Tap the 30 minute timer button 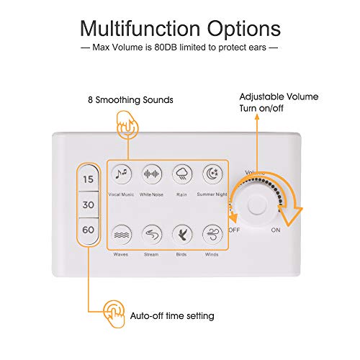(89, 204)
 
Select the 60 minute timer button (89, 230)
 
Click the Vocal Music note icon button (122, 174)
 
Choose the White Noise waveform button (152, 174)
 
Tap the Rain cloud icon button (182, 174)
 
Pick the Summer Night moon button (212, 174)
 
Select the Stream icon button (152, 235)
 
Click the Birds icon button (182, 235)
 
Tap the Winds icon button (212, 235)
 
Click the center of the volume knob (257, 204)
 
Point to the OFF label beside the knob (234, 230)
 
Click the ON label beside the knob (276, 230)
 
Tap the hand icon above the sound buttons (127, 125)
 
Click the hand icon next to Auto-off (114, 313)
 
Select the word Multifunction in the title (140, 28)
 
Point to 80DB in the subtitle (166, 48)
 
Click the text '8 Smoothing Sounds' (130, 100)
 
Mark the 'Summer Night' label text (212, 194)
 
